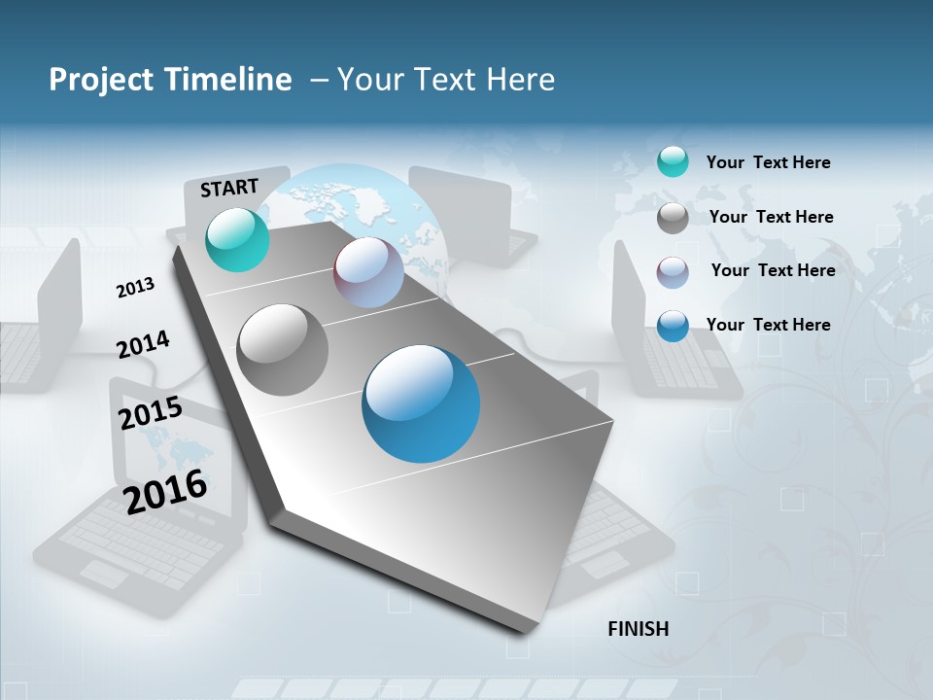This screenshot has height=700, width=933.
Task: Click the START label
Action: [229, 188]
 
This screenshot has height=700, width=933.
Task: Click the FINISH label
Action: [638, 629]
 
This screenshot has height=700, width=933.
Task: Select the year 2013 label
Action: [135, 288]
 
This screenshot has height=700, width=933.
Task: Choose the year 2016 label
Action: [165, 491]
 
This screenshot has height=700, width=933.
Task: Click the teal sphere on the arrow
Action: [237, 239]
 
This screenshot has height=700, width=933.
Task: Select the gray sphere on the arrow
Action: [282, 350]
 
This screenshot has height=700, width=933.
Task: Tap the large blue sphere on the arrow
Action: [421, 403]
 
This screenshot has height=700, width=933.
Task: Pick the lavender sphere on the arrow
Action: [368, 272]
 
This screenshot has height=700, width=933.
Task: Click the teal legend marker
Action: [673, 162]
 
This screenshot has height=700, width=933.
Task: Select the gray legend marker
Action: [673, 218]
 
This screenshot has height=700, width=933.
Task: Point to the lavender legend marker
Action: [673, 272]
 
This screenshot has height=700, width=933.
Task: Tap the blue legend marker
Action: [673, 326]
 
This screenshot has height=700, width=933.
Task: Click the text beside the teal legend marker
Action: [768, 162]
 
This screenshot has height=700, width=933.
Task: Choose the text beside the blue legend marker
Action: [768, 325]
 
